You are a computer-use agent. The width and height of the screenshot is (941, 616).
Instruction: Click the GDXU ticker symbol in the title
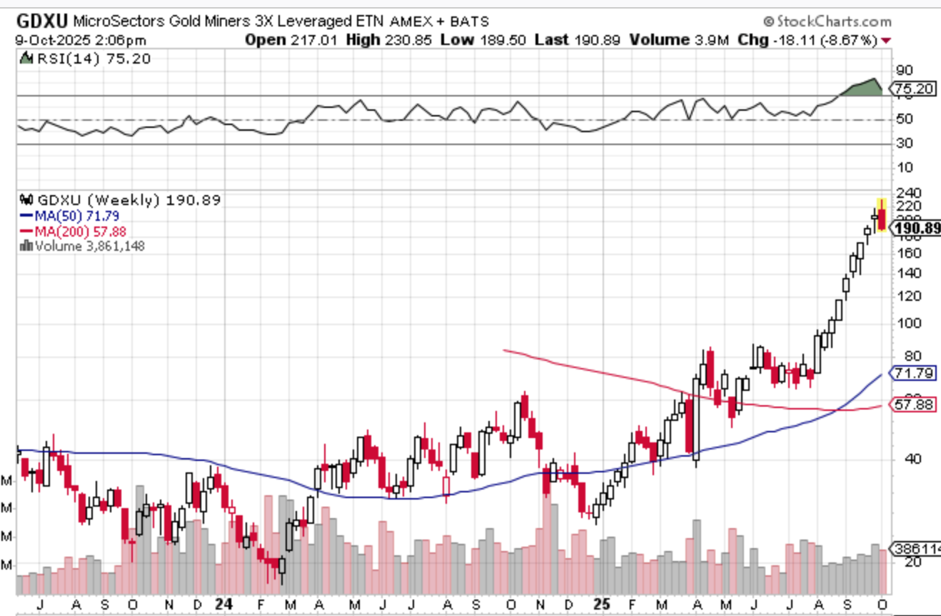[x=41, y=21]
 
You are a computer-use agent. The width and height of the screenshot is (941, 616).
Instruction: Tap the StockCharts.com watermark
[x=827, y=21]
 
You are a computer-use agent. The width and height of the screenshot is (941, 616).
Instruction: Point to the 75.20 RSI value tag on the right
[x=912, y=89]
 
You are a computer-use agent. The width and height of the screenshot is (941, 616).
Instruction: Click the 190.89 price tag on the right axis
[x=917, y=229]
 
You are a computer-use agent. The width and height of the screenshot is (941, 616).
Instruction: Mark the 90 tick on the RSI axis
[x=904, y=70]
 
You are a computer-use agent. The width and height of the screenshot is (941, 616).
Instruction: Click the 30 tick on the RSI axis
[x=904, y=144]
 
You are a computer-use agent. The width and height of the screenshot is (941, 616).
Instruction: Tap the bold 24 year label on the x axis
[x=224, y=605]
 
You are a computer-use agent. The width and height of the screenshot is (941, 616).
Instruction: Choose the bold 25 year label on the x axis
[x=603, y=605]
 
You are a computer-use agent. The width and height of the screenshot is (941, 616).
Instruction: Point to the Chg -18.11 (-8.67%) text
[x=809, y=40]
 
